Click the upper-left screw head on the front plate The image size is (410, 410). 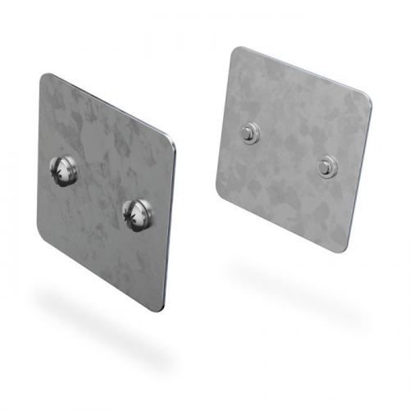64,171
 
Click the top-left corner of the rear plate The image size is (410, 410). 235,51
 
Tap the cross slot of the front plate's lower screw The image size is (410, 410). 132,216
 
